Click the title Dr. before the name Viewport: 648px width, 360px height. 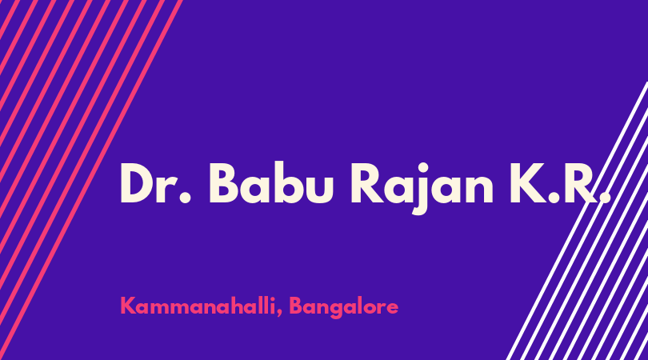(156, 182)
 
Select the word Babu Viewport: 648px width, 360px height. (270, 182)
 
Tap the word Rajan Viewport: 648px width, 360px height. (422, 187)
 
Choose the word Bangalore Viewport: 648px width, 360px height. (343, 308)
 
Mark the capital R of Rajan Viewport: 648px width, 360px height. (367, 183)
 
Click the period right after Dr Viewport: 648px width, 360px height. (186, 198)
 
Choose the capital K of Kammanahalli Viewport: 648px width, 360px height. (128, 306)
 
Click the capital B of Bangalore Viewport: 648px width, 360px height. (296, 306)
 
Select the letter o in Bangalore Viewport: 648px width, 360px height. (371, 309)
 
